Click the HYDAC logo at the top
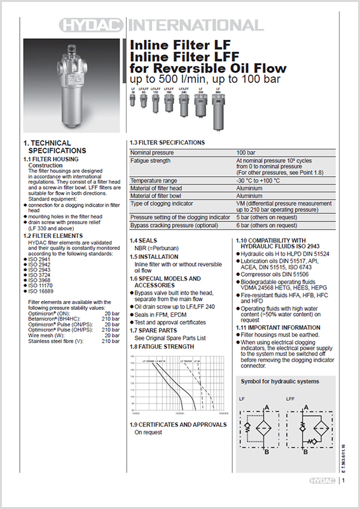(93, 25)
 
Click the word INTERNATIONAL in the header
(195, 25)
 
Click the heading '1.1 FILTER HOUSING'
(51, 159)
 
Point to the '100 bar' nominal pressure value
(246, 153)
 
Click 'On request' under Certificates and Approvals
(148, 432)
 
